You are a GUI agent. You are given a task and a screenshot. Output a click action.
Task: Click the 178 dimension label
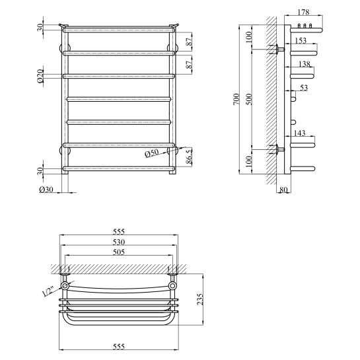pos(305,13)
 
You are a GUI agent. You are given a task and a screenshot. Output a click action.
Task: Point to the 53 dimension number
pos(304,87)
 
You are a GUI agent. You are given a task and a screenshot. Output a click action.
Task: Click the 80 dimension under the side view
pos(284,192)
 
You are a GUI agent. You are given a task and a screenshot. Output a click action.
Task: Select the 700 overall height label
pos(237,99)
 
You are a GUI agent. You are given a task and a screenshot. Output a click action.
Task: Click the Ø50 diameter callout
pos(153,154)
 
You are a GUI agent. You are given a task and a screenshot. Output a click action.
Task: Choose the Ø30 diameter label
pos(46,190)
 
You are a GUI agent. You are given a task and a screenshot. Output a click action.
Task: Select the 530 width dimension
pos(120,242)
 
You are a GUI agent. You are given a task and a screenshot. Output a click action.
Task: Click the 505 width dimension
pos(120,252)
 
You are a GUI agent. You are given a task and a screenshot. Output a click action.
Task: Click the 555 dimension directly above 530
pos(120,232)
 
